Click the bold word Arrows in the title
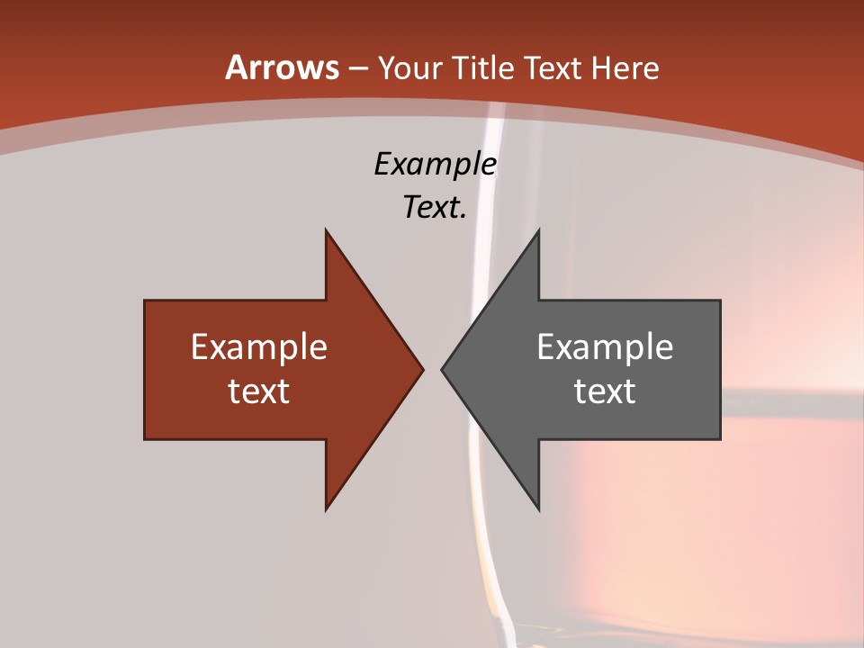pos(283,67)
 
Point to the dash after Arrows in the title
pos(357,68)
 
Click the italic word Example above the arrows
pos(435,165)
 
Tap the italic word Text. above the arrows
pos(435,208)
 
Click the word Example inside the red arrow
pos(259,346)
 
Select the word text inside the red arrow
pos(259,391)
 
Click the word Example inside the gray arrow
pos(605,346)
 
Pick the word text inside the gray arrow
pos(605,391)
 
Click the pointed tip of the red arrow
pos(423,369)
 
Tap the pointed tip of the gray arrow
pos(442,369)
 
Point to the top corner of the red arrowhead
pos(326,229)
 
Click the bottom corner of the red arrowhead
pos(326,510)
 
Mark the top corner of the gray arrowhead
pos(538,229)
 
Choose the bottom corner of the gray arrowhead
pos(538,510)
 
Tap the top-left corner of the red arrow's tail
pos(145,301)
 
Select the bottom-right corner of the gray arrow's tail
pos(720,439)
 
